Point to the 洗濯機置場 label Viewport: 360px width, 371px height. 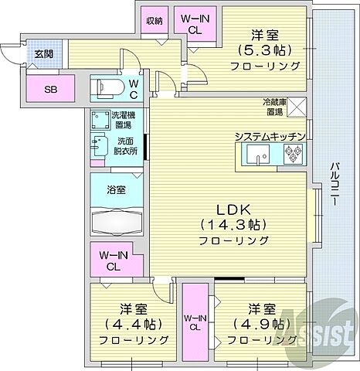(x=122, y=119)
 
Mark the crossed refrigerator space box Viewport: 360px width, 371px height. (x=298, y=107)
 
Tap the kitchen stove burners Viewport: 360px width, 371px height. (x=294, y=156)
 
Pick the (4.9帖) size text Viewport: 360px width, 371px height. (x=260, y=323)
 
